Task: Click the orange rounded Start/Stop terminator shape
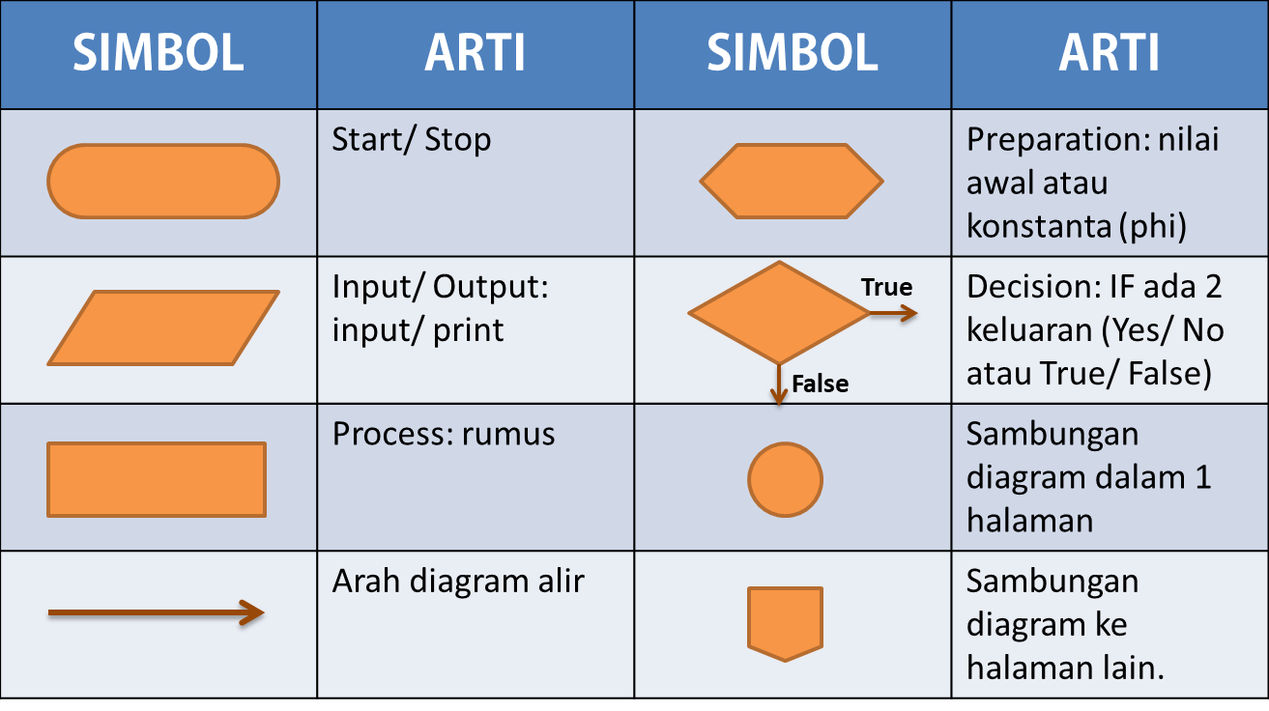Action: pos(163,182)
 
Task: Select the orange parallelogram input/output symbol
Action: pos(163,328)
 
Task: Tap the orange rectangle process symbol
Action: pos(157,479)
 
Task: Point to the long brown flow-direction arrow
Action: pos(155,612)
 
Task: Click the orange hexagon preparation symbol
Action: pos(792,181)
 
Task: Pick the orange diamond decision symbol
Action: pos(779,312)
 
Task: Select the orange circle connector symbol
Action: pos(785,479)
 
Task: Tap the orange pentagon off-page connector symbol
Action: pos(785,621)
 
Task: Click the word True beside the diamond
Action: pos(886,287)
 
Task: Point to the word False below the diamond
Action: pos(820,384)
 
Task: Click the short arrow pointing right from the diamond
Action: pos(893,312)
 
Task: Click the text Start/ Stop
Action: pos(412,140)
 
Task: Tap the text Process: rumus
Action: pos(444,434)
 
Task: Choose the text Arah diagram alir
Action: pos(458,581)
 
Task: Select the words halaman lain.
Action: pos(1064,668)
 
